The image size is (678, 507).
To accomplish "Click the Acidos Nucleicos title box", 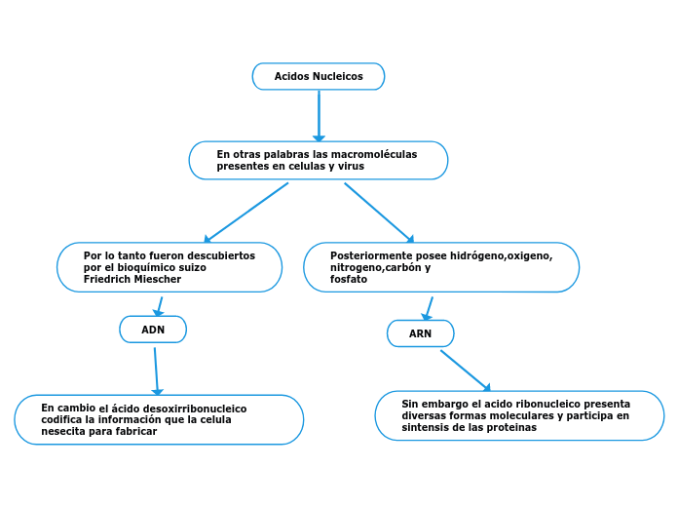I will pyautogui.click(x=319, y=76).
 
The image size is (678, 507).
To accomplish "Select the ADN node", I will pyautogui.click(x=153, y=330).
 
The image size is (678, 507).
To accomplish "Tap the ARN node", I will pyautogui.click(x=420, y=333).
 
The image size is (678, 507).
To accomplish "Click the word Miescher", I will pyautogui.click(x=157, y=279).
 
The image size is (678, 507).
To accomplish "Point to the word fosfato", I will pyautogui.click(x=349, y=279).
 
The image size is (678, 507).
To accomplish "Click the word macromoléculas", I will pyautogui.click(x=373, y=154).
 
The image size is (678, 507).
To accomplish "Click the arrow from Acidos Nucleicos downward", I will pyautogui.click(x=319, y=115).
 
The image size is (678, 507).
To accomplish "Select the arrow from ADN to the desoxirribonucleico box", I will pyautogui.click(x=156, y=370).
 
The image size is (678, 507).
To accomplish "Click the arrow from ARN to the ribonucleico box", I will pyautogui.click(x=465, y=370).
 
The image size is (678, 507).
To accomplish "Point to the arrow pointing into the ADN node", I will pyautogui.click(x=158, y=305).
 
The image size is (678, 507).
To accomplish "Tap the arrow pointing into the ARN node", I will pyautogui.click(x=429, y=307).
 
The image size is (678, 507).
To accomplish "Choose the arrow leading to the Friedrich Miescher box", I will pyautogui.click(x=246, y=212).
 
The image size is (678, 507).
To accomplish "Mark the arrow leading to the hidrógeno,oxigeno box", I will pyautogui.click(x=378, y=212).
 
